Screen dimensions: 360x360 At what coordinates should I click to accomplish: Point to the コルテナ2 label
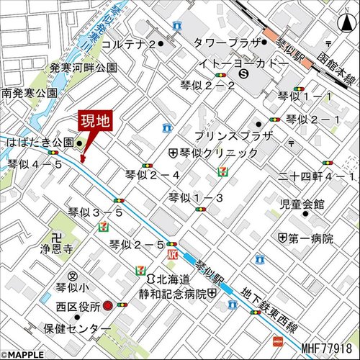(x=129, y=44)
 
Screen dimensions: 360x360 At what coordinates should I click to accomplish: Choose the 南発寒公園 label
(x=30, y=94)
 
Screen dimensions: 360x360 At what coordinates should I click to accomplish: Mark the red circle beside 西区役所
(x=107, y=305)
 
